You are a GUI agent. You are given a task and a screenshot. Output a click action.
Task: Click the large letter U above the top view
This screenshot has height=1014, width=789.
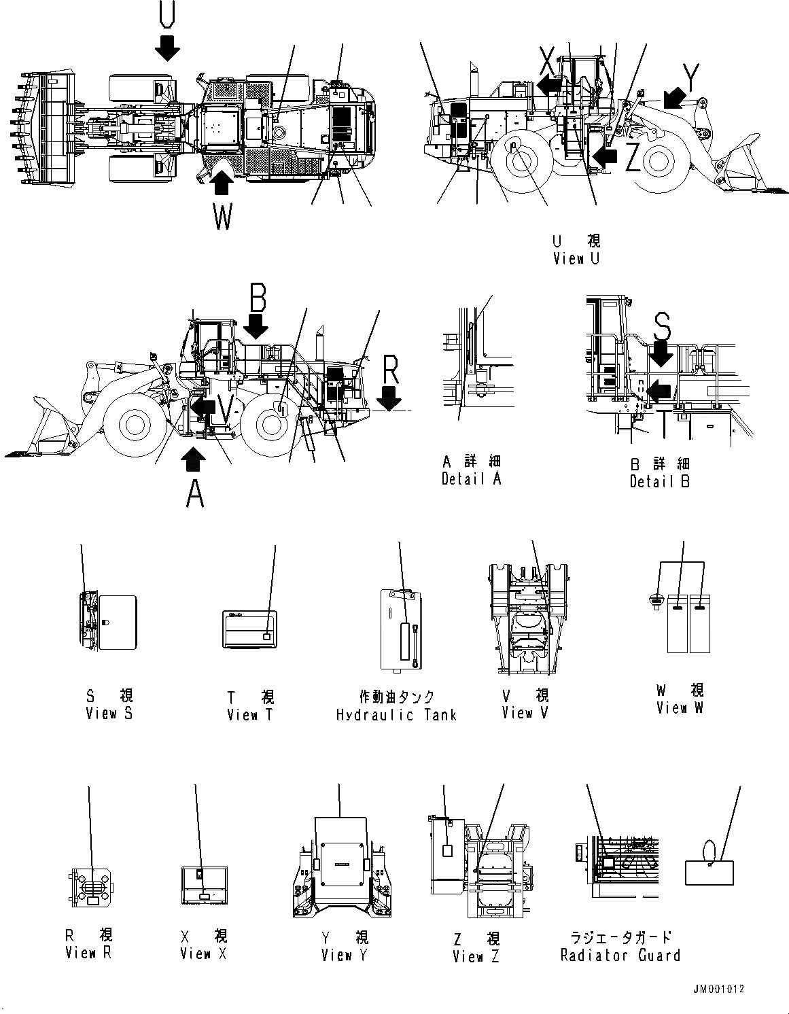166,14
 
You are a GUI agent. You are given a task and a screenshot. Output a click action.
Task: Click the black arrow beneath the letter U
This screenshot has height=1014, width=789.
166,48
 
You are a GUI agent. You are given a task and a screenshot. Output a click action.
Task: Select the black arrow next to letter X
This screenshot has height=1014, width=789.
550,84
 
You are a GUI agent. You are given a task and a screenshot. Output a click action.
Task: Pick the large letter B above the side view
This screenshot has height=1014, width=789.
257,297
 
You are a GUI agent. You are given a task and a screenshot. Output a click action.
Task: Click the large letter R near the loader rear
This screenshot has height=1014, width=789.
390,370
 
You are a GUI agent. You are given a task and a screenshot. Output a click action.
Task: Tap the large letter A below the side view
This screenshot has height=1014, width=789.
195,494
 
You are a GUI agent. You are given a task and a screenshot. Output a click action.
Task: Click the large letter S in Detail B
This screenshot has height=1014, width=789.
661,327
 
